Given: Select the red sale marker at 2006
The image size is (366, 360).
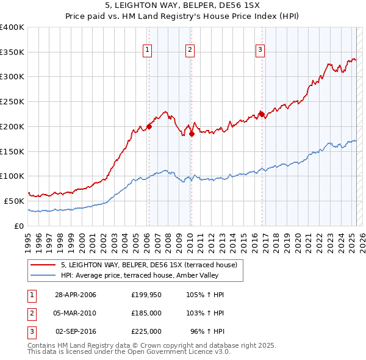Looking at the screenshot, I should pyautogui.click(x=149, y=127).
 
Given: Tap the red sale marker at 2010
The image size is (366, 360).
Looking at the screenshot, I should pyautogui.click(x=192, y=134).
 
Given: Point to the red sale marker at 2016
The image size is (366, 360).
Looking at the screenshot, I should pyautogui.click(x=262, y=113).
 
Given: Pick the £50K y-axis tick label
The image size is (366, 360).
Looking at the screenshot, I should pyautogui.click(x=15, y=201).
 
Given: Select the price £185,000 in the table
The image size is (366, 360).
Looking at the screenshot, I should pyautogui.click(x=146, y=313).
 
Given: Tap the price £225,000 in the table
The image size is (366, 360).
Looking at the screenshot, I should pyautogui.click(x=146, y=331).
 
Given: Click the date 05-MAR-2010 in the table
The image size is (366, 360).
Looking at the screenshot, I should pyautogui.click(x=75, y=313).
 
